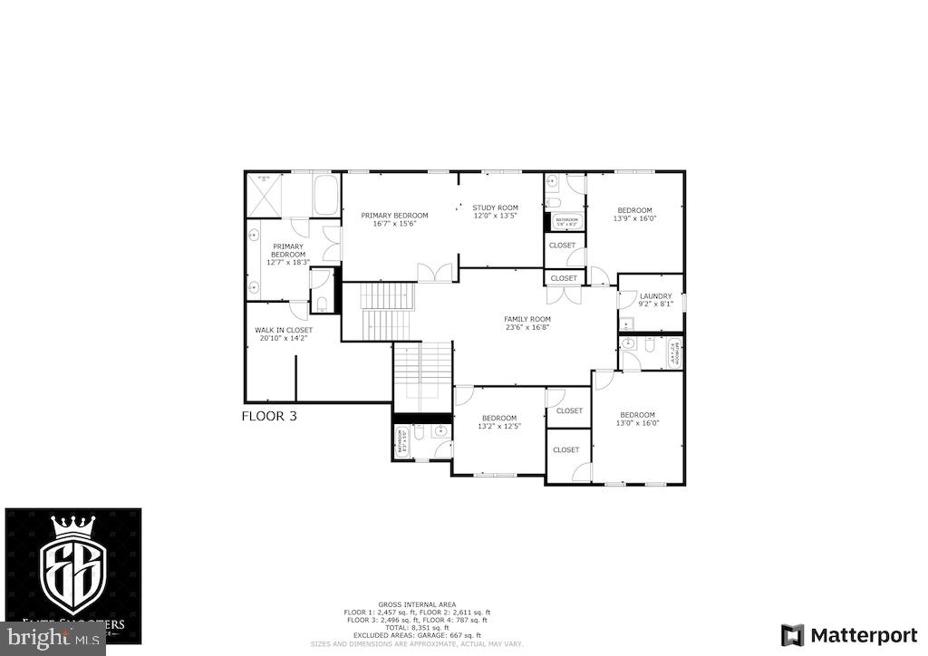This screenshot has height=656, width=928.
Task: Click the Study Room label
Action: click(495, 212)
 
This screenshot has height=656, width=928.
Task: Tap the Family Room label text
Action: click(527, 323)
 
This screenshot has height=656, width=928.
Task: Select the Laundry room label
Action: click(655, 300)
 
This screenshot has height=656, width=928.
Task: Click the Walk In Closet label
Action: click(284, 334)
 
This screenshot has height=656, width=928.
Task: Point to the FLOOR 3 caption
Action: click(269, 417)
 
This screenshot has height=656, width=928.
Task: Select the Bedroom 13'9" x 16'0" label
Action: click(634, 214)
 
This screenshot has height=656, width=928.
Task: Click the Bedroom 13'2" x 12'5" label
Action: click(499, 422)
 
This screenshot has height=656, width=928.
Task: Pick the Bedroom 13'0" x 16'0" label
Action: click(638, 418)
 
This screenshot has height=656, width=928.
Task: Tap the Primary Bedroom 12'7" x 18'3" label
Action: click(288, 254)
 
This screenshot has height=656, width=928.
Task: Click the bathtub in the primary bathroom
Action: click(326, 195)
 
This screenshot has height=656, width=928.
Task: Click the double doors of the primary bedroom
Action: click(433, 272)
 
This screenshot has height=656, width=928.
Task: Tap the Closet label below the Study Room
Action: click(564, 278)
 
